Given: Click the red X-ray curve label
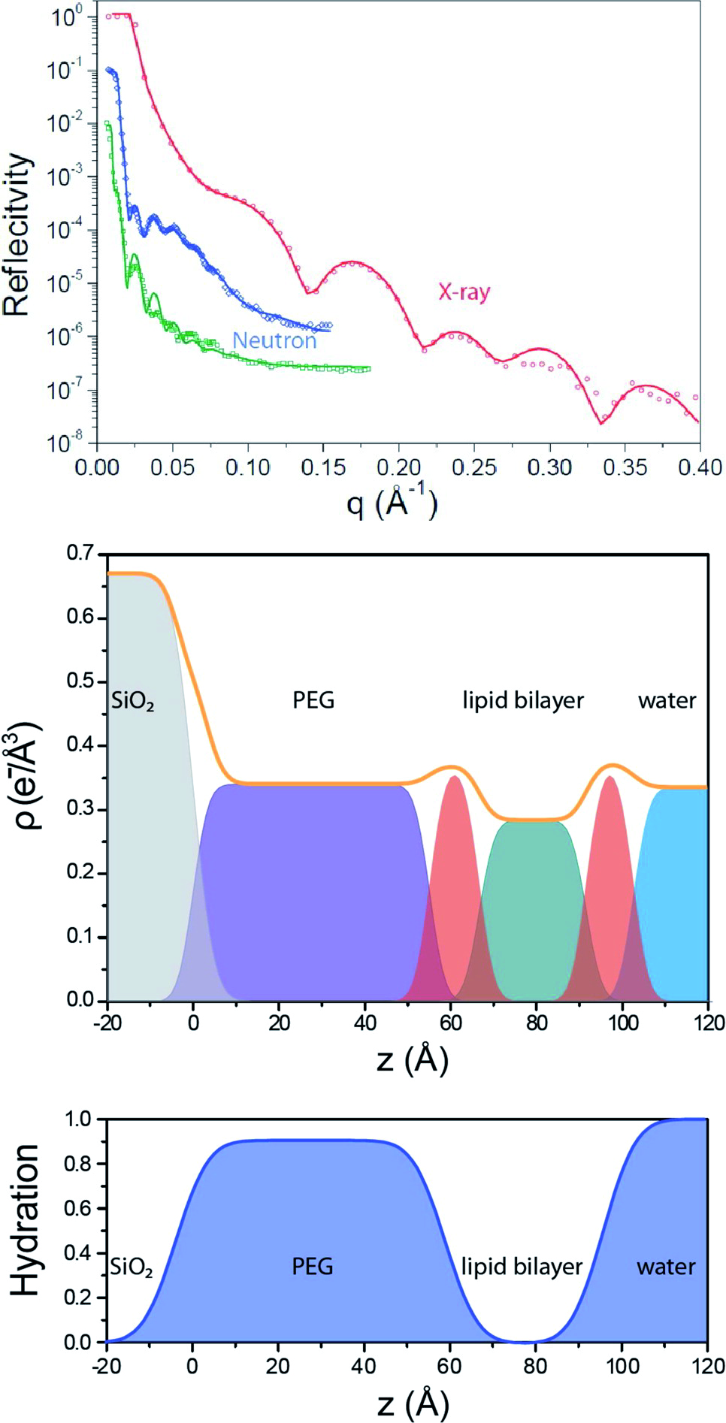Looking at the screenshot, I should point(464,292).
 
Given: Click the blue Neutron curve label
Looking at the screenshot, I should point(274,340).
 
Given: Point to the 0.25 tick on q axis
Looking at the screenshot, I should point(474,467).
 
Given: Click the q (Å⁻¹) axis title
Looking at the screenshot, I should point(392,502).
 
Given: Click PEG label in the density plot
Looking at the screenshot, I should point(313,700).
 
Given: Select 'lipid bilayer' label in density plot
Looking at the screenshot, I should point(523,700).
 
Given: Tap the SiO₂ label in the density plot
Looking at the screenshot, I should point(133,702).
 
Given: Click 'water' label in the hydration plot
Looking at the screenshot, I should point(666,1267).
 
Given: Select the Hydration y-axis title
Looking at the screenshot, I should point(26,1220).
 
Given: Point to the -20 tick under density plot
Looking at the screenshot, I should point(107,1023).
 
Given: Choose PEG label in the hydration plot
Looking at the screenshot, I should point(313,1267).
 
